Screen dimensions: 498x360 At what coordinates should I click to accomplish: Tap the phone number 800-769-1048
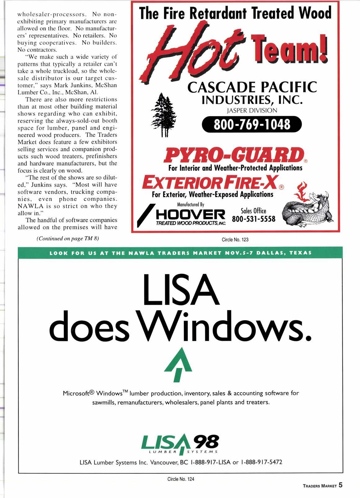pyautogui.click(x=251, y=125)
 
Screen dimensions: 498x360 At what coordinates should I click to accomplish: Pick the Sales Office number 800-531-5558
pyautogui.click(x=254, y=219)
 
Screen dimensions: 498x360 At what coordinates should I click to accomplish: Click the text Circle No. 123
pyautogui.click(x=235, y=240)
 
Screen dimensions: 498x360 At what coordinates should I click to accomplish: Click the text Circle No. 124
pyautogui.click(x=181, y=479)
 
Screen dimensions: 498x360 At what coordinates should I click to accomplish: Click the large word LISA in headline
pyautogui.click(x=181, y=290)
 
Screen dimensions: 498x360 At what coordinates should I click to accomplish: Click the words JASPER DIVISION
pyautogui.click(x=251, y=110)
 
